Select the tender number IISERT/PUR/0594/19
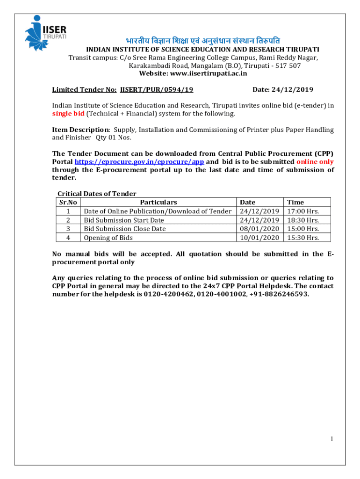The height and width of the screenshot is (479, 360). click(157, 89)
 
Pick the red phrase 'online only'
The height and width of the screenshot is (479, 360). click(315, 161)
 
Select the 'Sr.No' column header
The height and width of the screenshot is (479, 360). click(68, 202)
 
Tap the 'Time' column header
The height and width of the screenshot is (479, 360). click(295, 202)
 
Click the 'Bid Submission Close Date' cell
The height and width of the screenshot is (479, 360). click(124, 229)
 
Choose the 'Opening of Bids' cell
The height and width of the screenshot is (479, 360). click(108, 238)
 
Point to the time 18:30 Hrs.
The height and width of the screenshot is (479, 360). click(303, 220)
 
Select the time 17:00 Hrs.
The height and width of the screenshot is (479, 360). click(303, 211)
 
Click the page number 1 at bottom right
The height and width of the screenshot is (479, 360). click(331, 439)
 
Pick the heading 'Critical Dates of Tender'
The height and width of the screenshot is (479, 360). click(96, 194)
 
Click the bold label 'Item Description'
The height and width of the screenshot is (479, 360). click(80, 130)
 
